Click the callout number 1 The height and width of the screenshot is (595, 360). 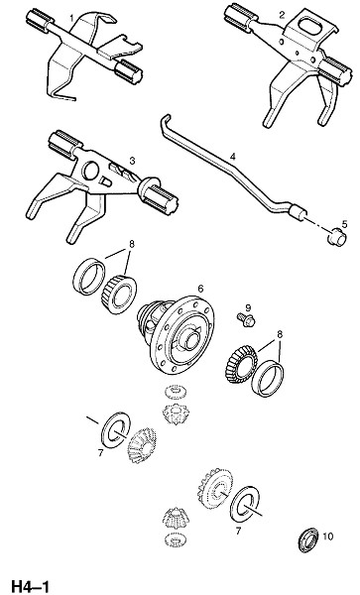point(71,18)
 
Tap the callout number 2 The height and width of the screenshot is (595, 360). point(281,15)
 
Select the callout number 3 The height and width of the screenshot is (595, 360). point(132,161)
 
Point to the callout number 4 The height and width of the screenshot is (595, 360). point(232,156)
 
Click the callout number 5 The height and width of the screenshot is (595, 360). point(344,224)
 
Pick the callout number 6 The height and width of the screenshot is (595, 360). point(200,289)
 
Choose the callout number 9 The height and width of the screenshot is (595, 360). point(248,307)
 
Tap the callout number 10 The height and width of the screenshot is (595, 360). point(327,536)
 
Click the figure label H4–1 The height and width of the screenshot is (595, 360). point(31,586)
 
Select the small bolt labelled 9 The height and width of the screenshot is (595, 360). point(246,320)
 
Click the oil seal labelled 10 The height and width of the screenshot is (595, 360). point(308,539)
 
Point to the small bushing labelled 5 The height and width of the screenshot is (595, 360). point(336,237)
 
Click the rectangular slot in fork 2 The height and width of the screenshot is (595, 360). point(310,25)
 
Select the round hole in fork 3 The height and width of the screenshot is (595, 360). point(91,171)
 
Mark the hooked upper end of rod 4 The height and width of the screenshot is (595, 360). point(165,121)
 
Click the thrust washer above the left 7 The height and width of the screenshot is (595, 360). point(116,430)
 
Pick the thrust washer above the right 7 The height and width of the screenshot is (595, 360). point(245,504)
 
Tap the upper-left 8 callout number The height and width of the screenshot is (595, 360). point(132,244)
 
